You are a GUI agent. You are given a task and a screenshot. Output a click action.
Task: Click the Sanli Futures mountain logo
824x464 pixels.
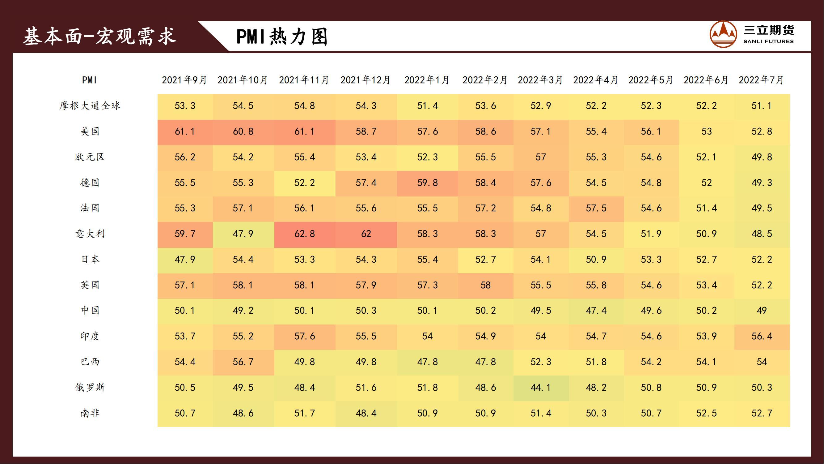click(x=723, y=34)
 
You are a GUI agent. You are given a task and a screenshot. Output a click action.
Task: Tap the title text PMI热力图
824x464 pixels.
click(x=282, y=37)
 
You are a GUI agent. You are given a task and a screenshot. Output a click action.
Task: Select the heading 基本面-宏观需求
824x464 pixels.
click(x=99, y=36)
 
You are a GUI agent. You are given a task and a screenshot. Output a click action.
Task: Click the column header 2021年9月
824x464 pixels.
click(x=184, y=80)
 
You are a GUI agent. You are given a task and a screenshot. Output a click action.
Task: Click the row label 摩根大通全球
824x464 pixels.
click(x=90, y=106)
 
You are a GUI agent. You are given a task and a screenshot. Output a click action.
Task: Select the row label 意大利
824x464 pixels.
click(x=90, y=234)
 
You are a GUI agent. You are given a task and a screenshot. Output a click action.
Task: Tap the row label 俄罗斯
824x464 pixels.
click(x=90, y=388)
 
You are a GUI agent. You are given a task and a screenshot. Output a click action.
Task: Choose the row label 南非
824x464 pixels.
click(x=90, y=413)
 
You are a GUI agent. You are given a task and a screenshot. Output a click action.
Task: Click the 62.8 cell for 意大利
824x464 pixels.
click(x=305, y=234)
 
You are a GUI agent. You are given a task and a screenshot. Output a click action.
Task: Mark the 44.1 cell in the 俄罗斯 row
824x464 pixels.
click(x=541, y=388)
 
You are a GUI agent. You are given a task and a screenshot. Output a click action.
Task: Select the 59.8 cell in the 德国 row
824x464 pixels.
click(x=427, y=183)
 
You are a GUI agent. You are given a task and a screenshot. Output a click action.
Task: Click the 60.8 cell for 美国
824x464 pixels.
click(x=243, y=131)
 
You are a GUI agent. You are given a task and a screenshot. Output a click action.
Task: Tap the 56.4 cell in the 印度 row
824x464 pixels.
click(x=762, y=336)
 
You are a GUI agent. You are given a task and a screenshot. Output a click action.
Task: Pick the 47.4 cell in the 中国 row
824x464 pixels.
click(x=596, y=311)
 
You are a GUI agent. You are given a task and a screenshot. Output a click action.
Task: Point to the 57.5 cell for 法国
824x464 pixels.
click(x=596, y=208)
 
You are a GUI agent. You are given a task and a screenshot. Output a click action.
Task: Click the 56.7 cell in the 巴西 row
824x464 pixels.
click(x=243, y=362)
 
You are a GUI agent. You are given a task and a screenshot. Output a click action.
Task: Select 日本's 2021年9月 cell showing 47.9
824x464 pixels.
click(x=185, y=260)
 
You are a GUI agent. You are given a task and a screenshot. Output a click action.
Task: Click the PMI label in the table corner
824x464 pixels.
click(x=89, y=80)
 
